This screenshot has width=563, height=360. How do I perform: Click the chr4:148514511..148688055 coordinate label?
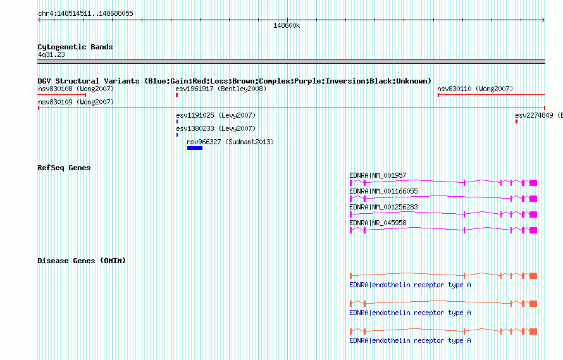pos(85,14)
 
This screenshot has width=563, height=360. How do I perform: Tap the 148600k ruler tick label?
pos(287,26)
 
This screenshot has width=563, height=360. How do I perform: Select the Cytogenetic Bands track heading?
pos(75,47)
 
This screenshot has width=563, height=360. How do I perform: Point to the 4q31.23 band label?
pos(51,54)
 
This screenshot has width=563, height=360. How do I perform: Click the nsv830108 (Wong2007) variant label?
pos(76,89)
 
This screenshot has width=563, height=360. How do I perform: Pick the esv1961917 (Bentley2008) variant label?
pos(221,89)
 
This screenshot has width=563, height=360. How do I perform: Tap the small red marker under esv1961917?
pos(176,95)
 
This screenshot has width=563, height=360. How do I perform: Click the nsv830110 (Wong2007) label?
pos(475,89)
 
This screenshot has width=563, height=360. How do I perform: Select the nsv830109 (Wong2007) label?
pos(76,102)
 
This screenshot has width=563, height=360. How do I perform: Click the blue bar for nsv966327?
pos(195,148)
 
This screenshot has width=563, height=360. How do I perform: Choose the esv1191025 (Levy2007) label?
pos(216,115)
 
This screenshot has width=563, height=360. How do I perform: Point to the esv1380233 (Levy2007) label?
pos(216,128)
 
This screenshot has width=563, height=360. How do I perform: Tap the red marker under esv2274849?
pos(516,121)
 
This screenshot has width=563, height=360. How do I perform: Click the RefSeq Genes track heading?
pos(64,168)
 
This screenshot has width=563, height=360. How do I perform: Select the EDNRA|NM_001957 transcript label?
pos(378,175)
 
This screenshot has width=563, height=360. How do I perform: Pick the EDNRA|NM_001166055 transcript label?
pos(383,191)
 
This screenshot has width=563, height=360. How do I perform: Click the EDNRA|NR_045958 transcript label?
pos(378,223)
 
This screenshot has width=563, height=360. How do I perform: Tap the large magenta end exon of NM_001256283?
pos(533,214)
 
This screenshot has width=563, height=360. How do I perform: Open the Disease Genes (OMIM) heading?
pos(82,261)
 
